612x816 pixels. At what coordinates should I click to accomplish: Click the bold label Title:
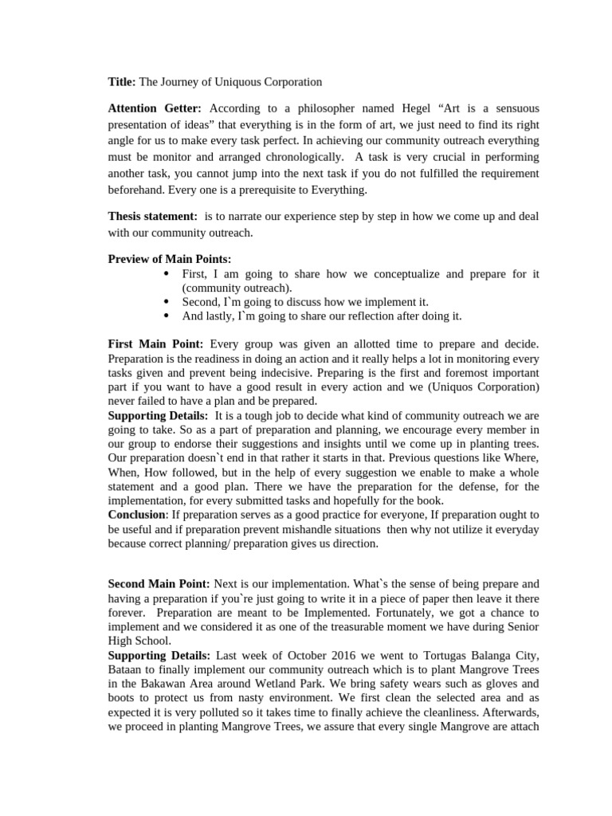pos(122,81)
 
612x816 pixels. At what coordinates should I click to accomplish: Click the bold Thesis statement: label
pos(152,216)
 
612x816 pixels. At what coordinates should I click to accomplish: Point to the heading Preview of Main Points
pos(169,259)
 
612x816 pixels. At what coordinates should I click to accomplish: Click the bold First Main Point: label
pos(155,343)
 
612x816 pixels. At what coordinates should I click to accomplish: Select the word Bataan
pos(126,669)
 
